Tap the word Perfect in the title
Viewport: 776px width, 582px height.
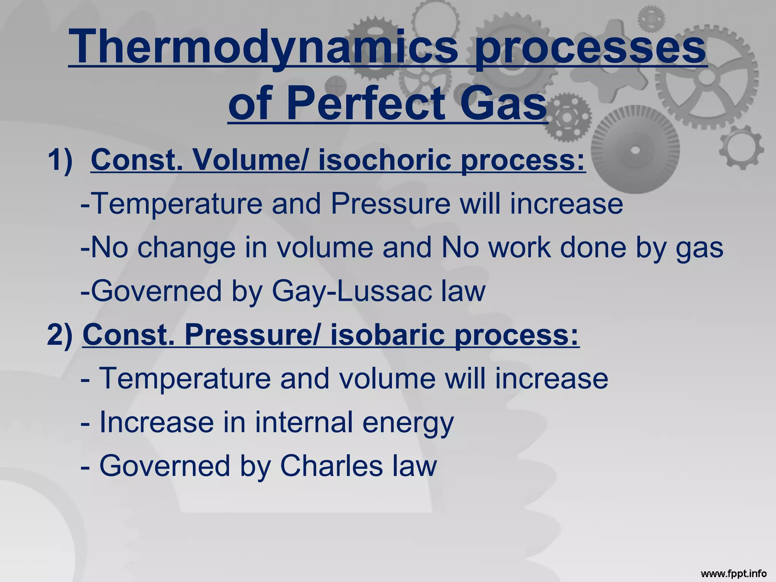click(x=366, y=103)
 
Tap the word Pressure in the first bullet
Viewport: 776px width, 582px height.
click(x=390, y=204)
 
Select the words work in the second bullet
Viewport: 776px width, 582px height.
click(x=519, y=248)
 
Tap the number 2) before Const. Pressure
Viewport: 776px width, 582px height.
click(x=59, y=335)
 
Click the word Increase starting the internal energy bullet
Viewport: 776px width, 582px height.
click(x=156, y=422)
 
